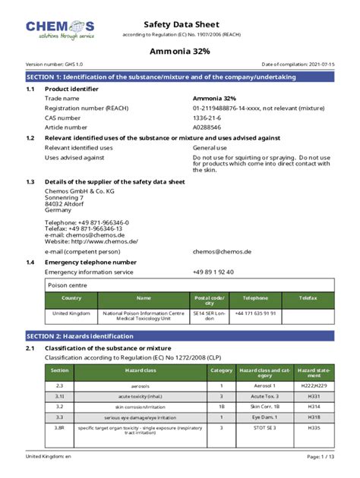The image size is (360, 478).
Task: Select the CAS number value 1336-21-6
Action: click(x=208, y=118)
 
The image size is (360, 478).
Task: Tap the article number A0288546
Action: click(x=208, y=127)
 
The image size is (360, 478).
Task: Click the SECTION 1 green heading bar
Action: click(x=180, y=77)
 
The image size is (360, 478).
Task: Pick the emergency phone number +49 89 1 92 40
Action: click(x=213, y=272)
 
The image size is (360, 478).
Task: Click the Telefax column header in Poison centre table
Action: click(x=308, y=299)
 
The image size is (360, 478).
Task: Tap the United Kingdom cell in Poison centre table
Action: click(x=71, y=313)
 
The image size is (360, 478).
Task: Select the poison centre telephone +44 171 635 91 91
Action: click(x=255, y=313)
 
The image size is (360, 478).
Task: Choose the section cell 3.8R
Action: click(x=59, y=430)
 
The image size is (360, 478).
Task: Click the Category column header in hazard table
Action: click(x=221, y=370)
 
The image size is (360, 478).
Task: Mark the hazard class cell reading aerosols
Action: click(x=140, y=385)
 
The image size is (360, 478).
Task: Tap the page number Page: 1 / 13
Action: click(x=319, y=456)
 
